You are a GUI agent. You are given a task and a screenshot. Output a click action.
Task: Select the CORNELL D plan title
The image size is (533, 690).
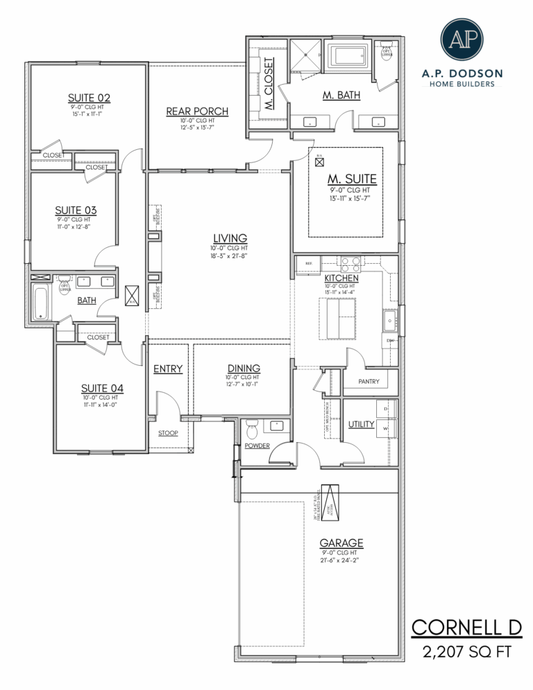[x=466, y=628]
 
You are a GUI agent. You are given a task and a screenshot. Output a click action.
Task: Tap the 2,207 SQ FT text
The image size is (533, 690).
[x=466, y=652]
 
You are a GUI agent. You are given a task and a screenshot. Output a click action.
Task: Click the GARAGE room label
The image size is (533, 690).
[x=341, y=543]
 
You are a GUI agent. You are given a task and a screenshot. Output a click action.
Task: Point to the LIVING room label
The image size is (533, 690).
[x=229, y=239]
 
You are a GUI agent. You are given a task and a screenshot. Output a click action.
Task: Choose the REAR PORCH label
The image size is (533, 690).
[x=197, y=111]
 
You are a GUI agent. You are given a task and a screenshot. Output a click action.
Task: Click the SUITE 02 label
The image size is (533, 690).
[x=89, y=98]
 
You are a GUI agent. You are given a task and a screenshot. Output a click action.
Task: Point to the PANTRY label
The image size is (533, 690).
[x=368, y=382]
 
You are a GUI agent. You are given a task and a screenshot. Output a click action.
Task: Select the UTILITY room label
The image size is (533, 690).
[x=361, y=423]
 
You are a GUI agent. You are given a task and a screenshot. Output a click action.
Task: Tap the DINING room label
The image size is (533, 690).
[x=244, y=368]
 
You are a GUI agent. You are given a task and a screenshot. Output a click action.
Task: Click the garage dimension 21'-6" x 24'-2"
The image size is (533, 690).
[x=341, y=559]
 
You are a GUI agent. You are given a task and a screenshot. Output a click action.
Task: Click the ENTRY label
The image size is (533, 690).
[x=167, y=369]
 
